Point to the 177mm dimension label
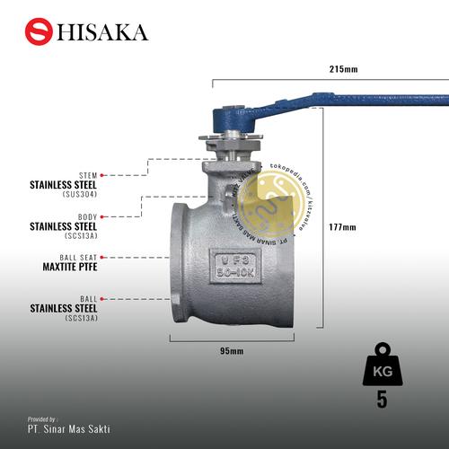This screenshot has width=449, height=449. coord(342,225)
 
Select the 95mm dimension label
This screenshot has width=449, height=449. coord(232,350)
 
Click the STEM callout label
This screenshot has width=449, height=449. coord(88,175)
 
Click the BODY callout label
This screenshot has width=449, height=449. coord(87,216)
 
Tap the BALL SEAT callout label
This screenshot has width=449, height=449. coord(78,257)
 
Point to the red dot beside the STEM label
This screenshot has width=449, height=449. coord(104,175)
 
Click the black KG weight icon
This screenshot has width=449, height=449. coord(382,367)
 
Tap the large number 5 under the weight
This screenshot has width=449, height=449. coord(382,400)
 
